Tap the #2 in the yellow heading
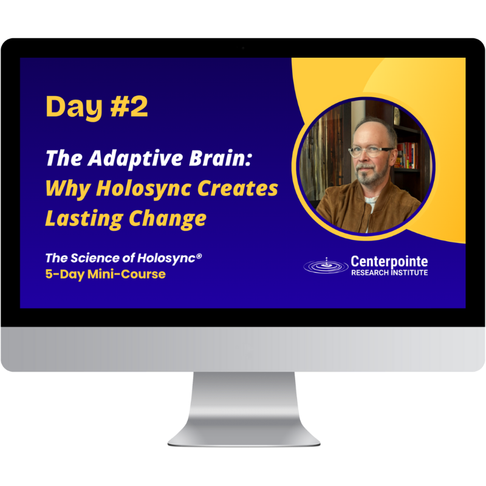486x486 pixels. [x=126, y=107]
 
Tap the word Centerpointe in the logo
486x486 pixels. [x=389, y=261]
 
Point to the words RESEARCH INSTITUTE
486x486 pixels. [x=389, y=273]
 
